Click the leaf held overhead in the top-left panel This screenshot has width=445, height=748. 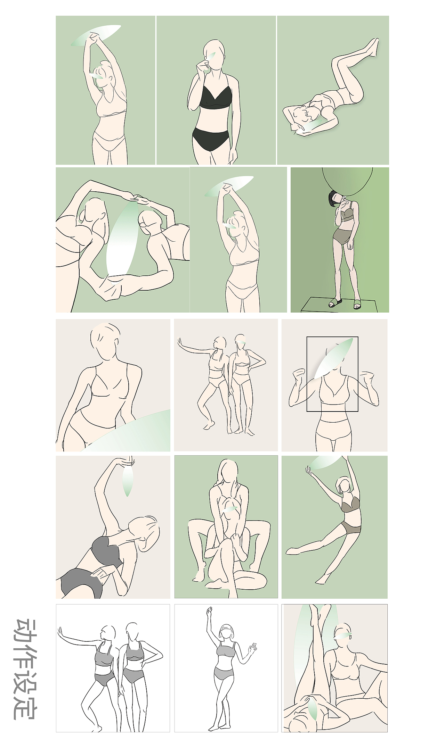96,35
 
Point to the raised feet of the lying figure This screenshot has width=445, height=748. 373,45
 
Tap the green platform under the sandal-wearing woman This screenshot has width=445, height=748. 340,305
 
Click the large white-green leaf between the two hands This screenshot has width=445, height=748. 122,240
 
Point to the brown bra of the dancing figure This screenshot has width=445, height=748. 350,505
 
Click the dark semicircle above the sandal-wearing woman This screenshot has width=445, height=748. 347,181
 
